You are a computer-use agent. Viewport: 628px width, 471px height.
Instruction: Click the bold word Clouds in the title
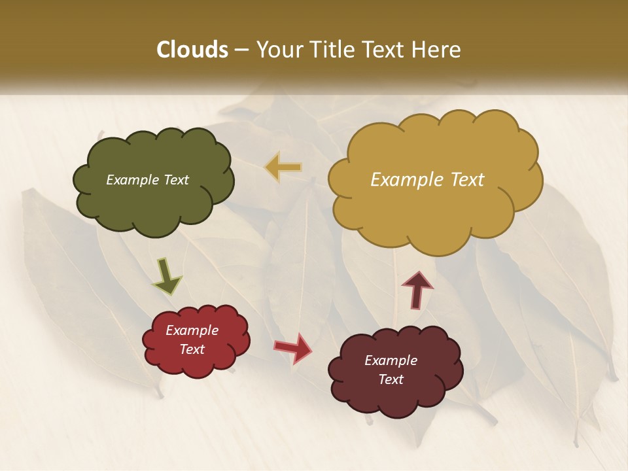click(192, 50)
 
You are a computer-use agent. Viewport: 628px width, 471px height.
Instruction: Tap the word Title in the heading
click(330, 50)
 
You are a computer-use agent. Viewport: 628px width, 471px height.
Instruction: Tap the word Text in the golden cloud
click(467, 180)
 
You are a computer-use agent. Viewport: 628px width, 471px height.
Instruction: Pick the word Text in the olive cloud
click(177, 180)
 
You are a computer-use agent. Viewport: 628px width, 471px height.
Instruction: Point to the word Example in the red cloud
click(192, 330)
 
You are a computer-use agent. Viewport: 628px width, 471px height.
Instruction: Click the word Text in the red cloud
click(192, 349)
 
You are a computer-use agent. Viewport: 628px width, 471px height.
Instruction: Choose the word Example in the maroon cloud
click(391, 360)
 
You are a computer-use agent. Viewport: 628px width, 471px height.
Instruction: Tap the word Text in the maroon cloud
click(391, 379)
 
